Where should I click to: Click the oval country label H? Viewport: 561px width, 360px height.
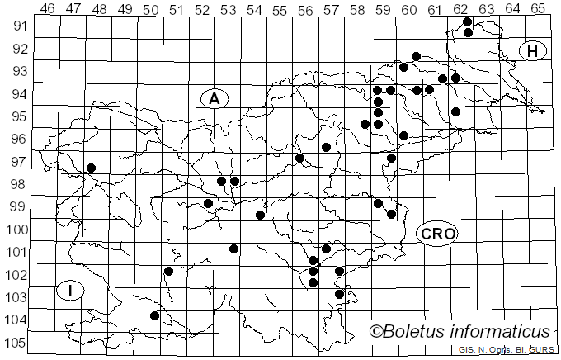click(x=532, y=51)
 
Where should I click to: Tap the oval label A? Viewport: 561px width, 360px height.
click(x=214, y=98)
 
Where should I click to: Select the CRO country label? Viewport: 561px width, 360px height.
click(x=437, y=234)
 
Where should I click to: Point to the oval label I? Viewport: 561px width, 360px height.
click(x=71, y=290)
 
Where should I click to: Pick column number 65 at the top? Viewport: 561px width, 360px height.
click(x=537, y=9)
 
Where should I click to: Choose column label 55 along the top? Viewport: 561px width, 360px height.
click(x=279, y=9)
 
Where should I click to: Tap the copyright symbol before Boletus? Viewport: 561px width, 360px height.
click(x=376, y=332)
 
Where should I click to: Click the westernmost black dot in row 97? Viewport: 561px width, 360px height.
click(x=91, y=168)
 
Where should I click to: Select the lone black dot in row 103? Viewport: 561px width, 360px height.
click(x=154, y=315)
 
